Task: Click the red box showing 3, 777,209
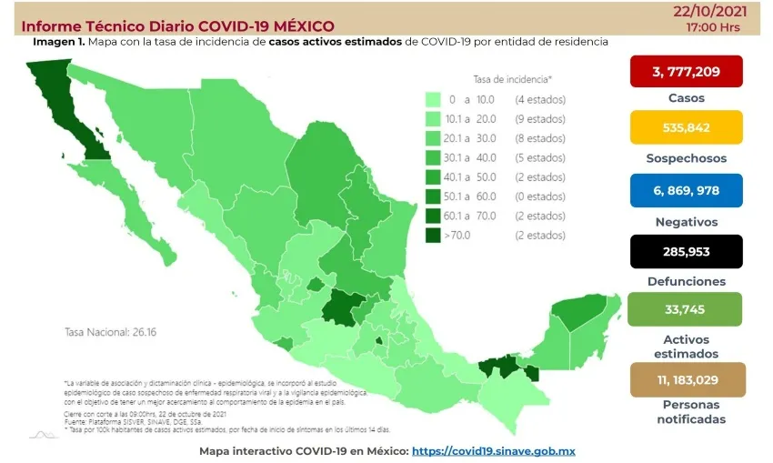(686, 71)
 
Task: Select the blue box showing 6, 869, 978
(686, 190)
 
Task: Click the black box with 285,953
(686, 251)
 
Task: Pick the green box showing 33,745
(686, 309)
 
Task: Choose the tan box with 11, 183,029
(686, 378)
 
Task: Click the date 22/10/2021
(699, 11)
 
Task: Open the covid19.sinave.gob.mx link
(493, 451)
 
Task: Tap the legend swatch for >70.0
(433, 236)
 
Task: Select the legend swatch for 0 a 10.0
(433, 99)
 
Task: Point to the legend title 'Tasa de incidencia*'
(512, 78)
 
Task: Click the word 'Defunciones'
(686, 282)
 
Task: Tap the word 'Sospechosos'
(686, 158)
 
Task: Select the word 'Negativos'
(686, 221)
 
